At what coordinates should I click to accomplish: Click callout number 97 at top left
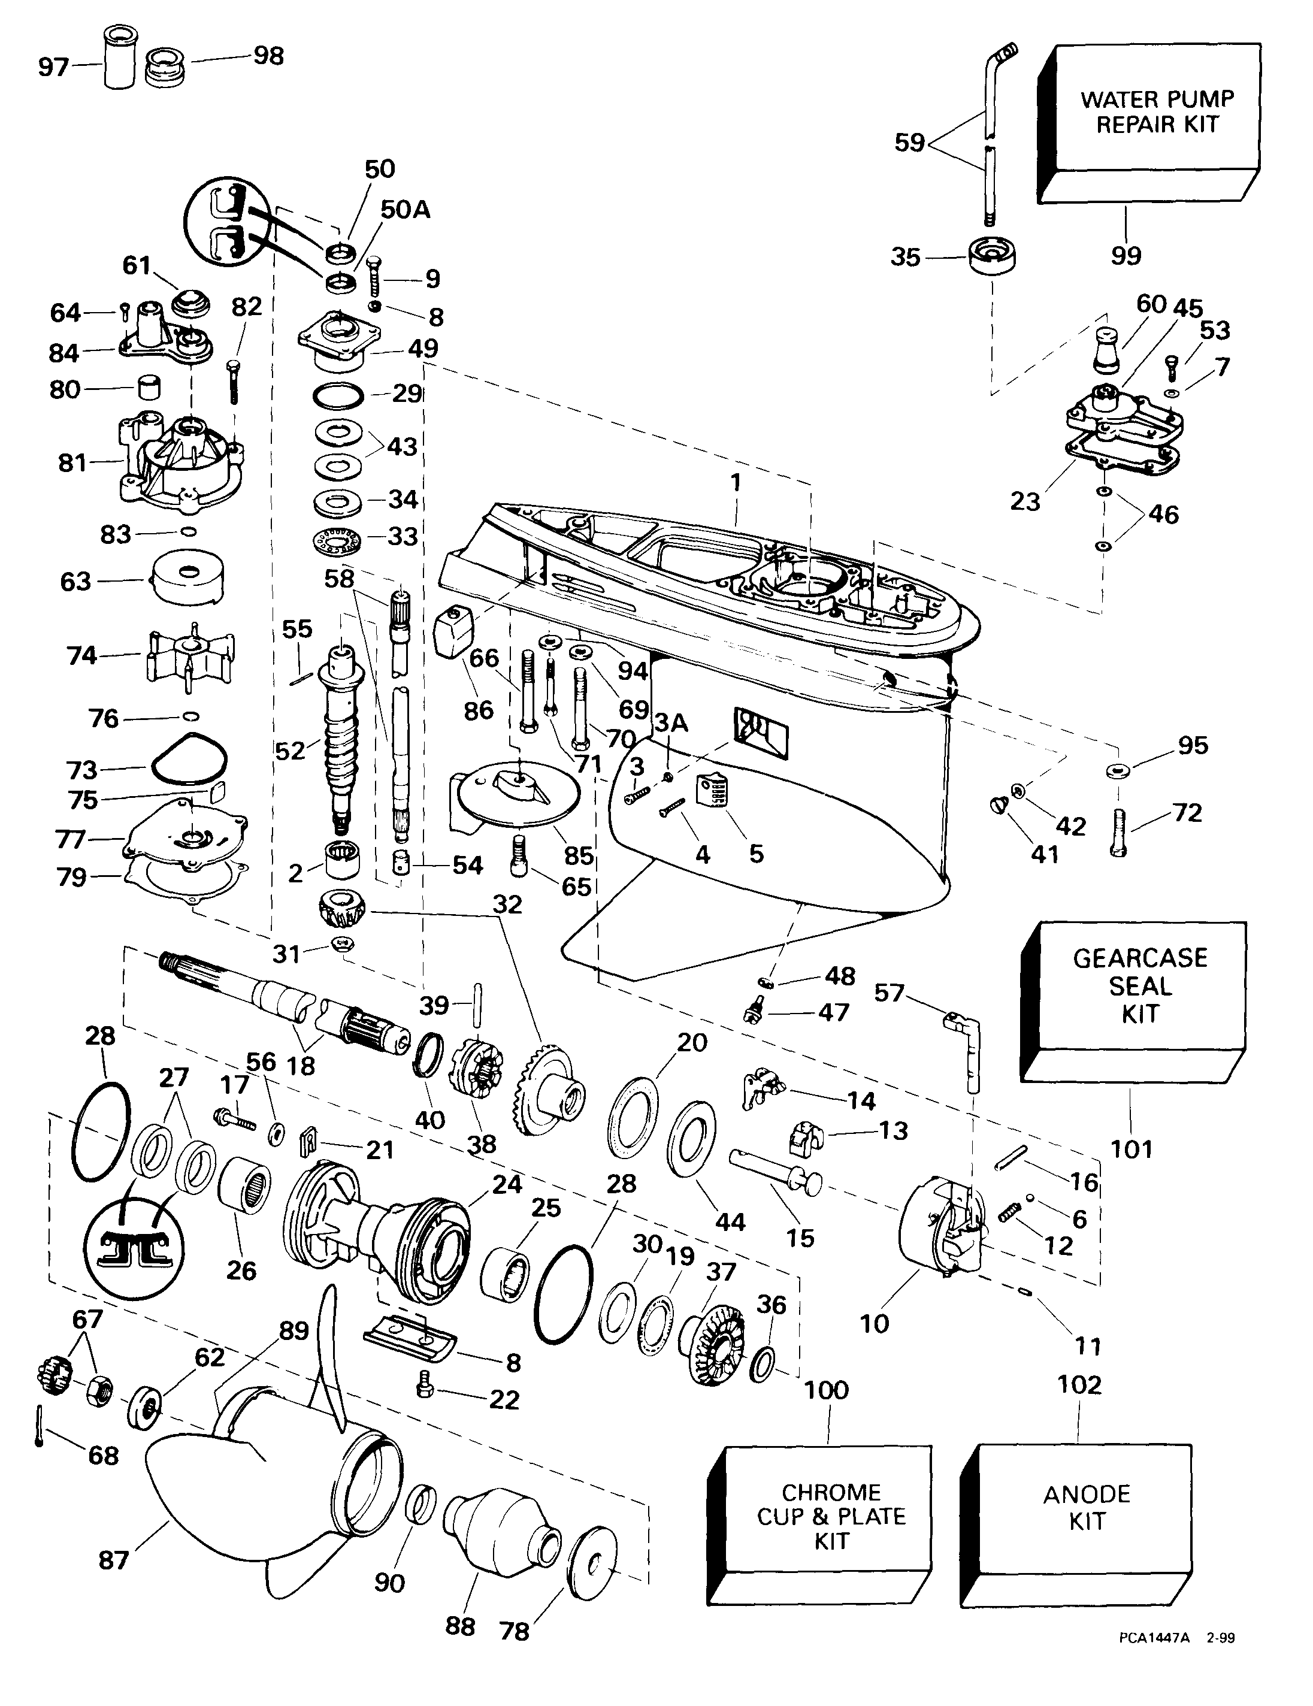click(54, 68)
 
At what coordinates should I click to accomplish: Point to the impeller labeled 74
click(189, 655)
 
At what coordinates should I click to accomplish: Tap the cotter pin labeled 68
click(39, 1433)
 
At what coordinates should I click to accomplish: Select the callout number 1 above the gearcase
click(735, 483)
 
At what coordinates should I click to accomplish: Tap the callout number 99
click(1126, 255)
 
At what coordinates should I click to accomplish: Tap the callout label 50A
click(406, 210)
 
